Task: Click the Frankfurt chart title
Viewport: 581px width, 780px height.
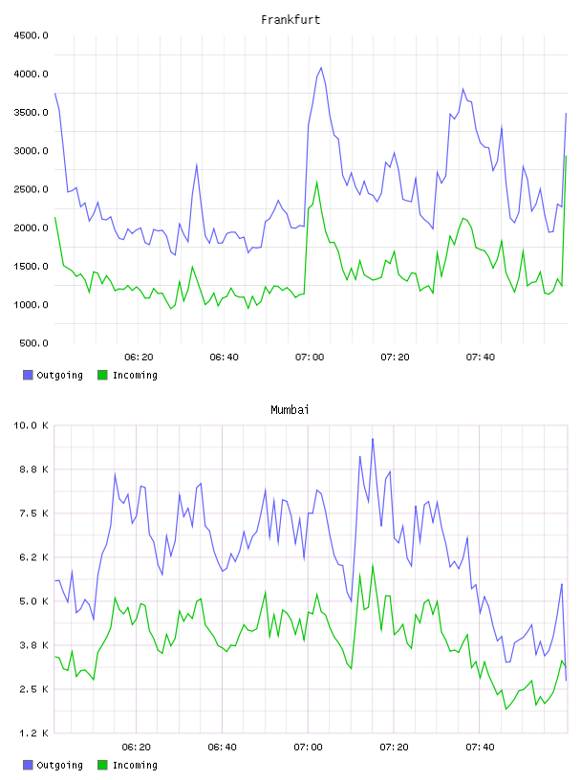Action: (x=290, y=20)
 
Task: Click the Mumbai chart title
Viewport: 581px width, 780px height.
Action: (x=290, y=410)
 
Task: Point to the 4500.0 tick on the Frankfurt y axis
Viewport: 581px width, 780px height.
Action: (x=31, y=35)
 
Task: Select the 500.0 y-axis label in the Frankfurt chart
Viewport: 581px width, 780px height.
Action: (x=33, y=343)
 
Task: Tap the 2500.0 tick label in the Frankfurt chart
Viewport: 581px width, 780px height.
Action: (x=31, y=189)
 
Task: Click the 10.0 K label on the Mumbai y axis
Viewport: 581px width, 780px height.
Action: (x=31, y=425)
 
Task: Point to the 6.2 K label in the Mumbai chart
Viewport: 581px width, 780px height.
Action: (x=33, y=557)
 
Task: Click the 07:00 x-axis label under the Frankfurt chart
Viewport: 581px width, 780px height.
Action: (x=310, y=357)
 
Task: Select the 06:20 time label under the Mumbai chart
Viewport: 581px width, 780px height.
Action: (x=137, y=747)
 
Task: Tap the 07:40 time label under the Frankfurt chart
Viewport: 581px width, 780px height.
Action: (x=481, y=357)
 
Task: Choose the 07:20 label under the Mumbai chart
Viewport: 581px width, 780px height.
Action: (x=394, y=747)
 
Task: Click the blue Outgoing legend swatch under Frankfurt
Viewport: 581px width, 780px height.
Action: (x=28, y=375)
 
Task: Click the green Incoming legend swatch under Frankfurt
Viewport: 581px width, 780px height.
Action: (x=102, y=375)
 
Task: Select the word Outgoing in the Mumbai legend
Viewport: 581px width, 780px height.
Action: (x=59, y=765)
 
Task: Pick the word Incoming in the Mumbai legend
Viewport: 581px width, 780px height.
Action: (x=135, y=765)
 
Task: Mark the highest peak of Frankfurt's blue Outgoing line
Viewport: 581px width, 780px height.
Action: (x=321, y=67)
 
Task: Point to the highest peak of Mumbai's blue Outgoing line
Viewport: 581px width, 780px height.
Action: (x=373, y=439)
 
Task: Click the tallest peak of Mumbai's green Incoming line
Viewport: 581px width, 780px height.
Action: (x=373, y=566)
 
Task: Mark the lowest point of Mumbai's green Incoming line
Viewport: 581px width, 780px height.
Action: (x=506, y=709)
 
